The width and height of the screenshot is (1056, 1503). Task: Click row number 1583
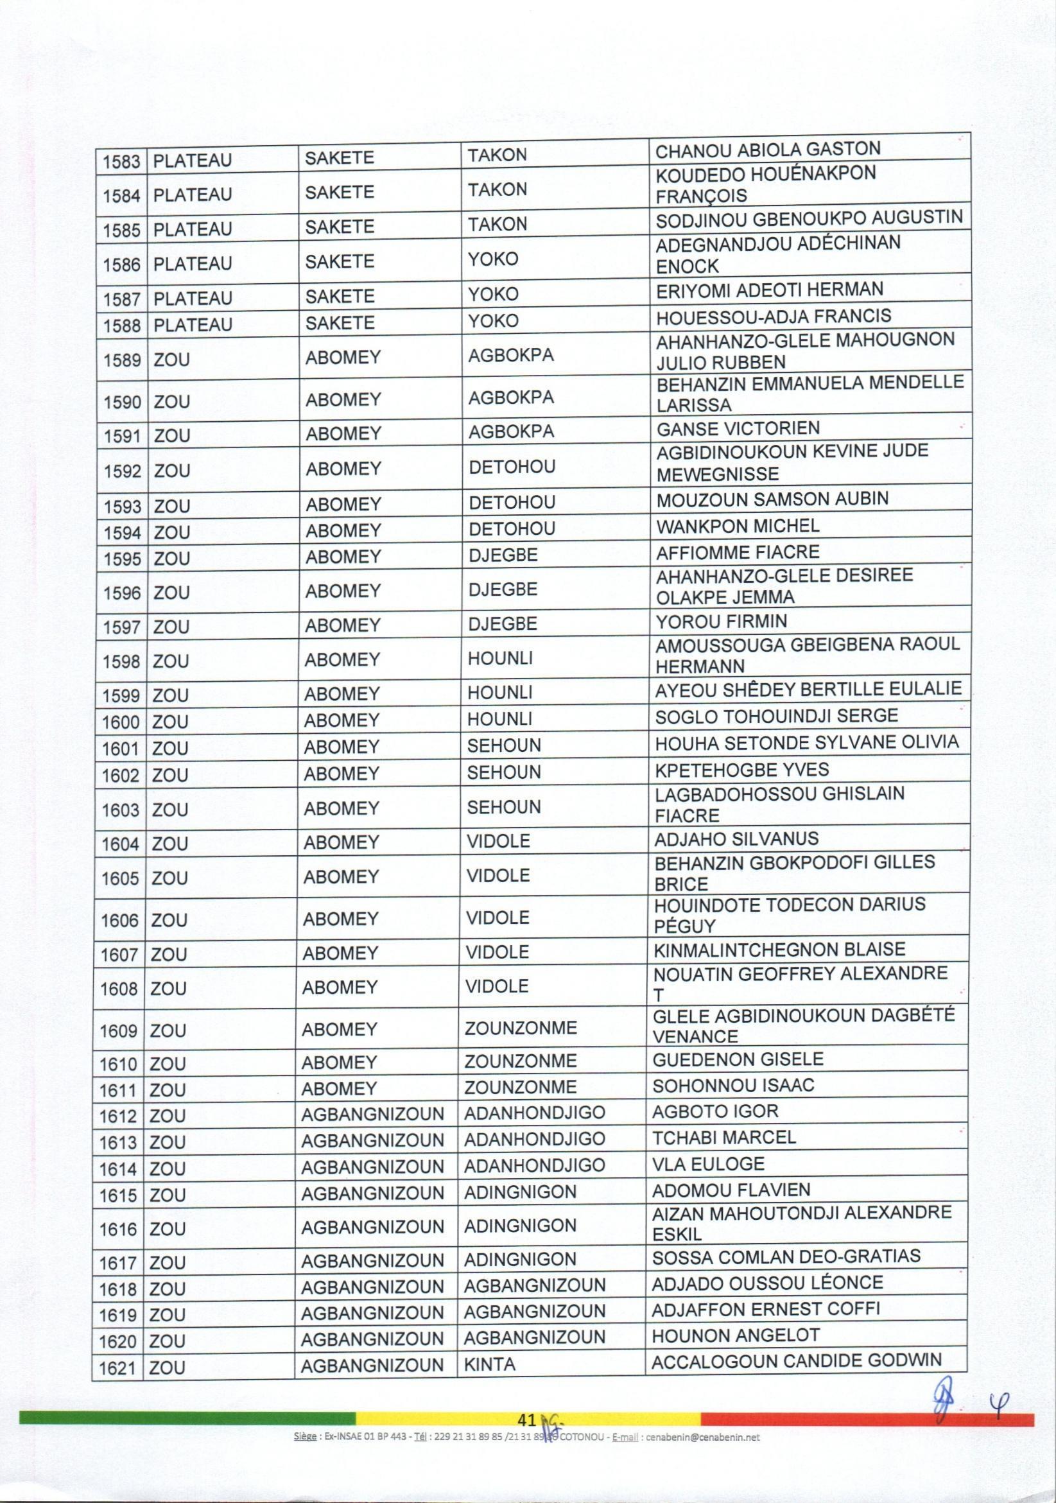pos(123,161)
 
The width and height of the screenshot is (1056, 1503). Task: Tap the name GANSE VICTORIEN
pos(738,429)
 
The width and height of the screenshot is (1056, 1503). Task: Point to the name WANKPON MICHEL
pos(737,526)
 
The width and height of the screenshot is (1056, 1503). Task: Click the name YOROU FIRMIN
pos(721,621)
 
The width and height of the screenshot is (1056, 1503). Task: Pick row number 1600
pos(121,722)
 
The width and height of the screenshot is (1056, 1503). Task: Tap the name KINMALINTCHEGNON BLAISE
pos(780,949)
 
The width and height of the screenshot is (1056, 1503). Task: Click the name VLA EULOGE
pos(708,1164)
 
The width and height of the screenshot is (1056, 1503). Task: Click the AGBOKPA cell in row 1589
pos(511,356)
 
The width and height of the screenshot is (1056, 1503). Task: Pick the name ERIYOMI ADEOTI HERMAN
pos(769,290)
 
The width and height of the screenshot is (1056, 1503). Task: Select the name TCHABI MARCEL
pos(724,1137)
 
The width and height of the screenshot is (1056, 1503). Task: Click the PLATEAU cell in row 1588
pos(193,326)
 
